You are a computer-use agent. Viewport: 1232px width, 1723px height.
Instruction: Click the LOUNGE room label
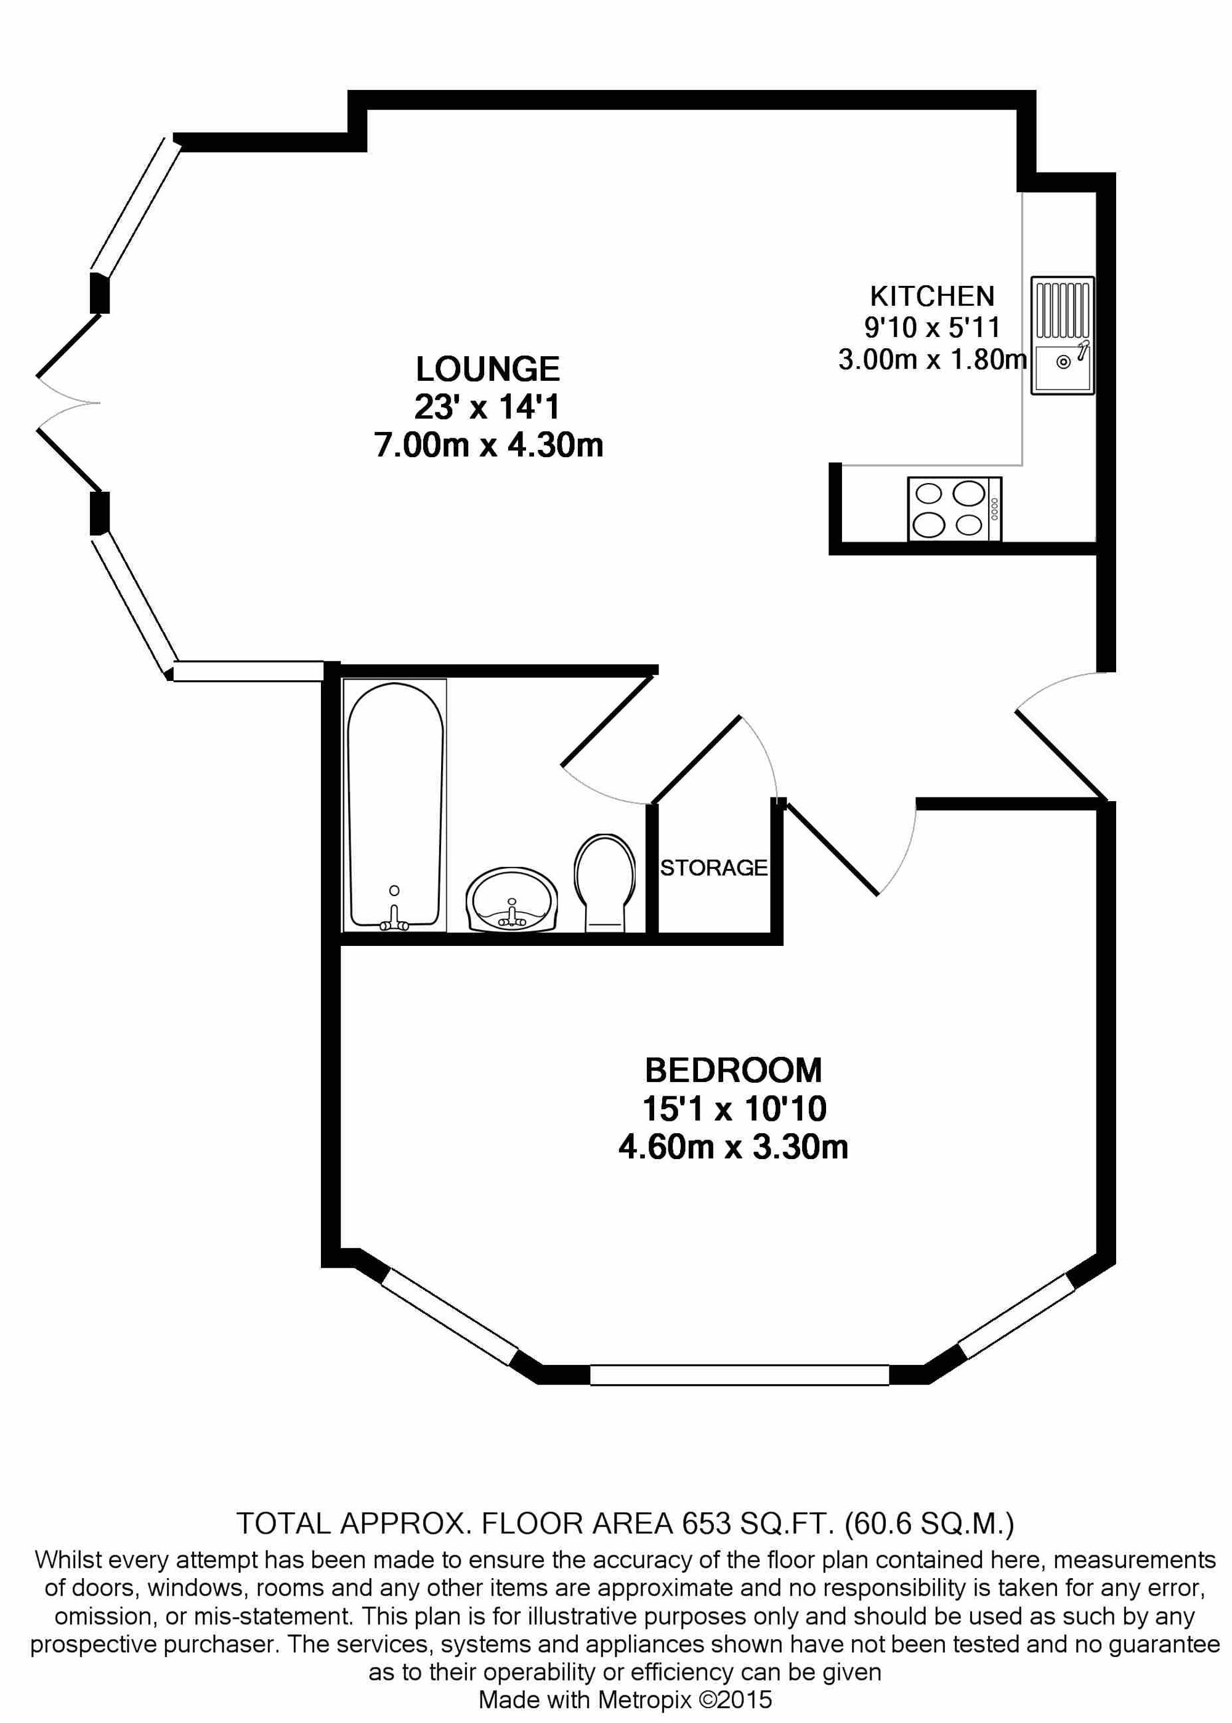coord(487,370)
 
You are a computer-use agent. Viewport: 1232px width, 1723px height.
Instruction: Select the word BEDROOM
coord(733,1070)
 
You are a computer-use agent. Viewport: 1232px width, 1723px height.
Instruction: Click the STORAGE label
coord(713,867)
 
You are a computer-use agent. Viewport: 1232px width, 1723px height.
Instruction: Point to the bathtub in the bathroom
coord(394,804)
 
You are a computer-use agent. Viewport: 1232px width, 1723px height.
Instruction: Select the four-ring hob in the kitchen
coord(954,508)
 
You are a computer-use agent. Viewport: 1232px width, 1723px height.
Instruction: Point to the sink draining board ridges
coord(1062,309)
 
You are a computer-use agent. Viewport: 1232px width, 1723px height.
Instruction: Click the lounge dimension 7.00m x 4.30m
coord(488,444)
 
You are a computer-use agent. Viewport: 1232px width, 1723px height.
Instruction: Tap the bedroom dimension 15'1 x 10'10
coord(733,1109)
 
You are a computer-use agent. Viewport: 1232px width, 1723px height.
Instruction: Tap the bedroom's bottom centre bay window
coord(739,1375)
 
